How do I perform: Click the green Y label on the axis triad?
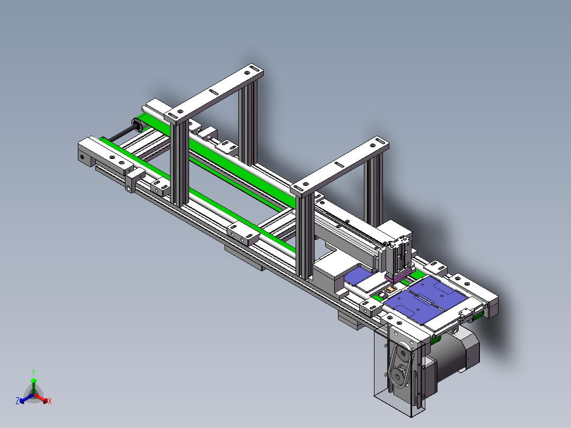point(33,372)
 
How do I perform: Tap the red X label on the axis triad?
point(50,401)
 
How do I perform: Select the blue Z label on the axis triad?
point(17,400)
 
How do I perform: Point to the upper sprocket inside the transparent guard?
point(402,353)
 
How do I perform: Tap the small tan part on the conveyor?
point(391,289)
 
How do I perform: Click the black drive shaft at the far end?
point(120,135)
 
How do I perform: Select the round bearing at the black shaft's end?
point(137,126)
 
